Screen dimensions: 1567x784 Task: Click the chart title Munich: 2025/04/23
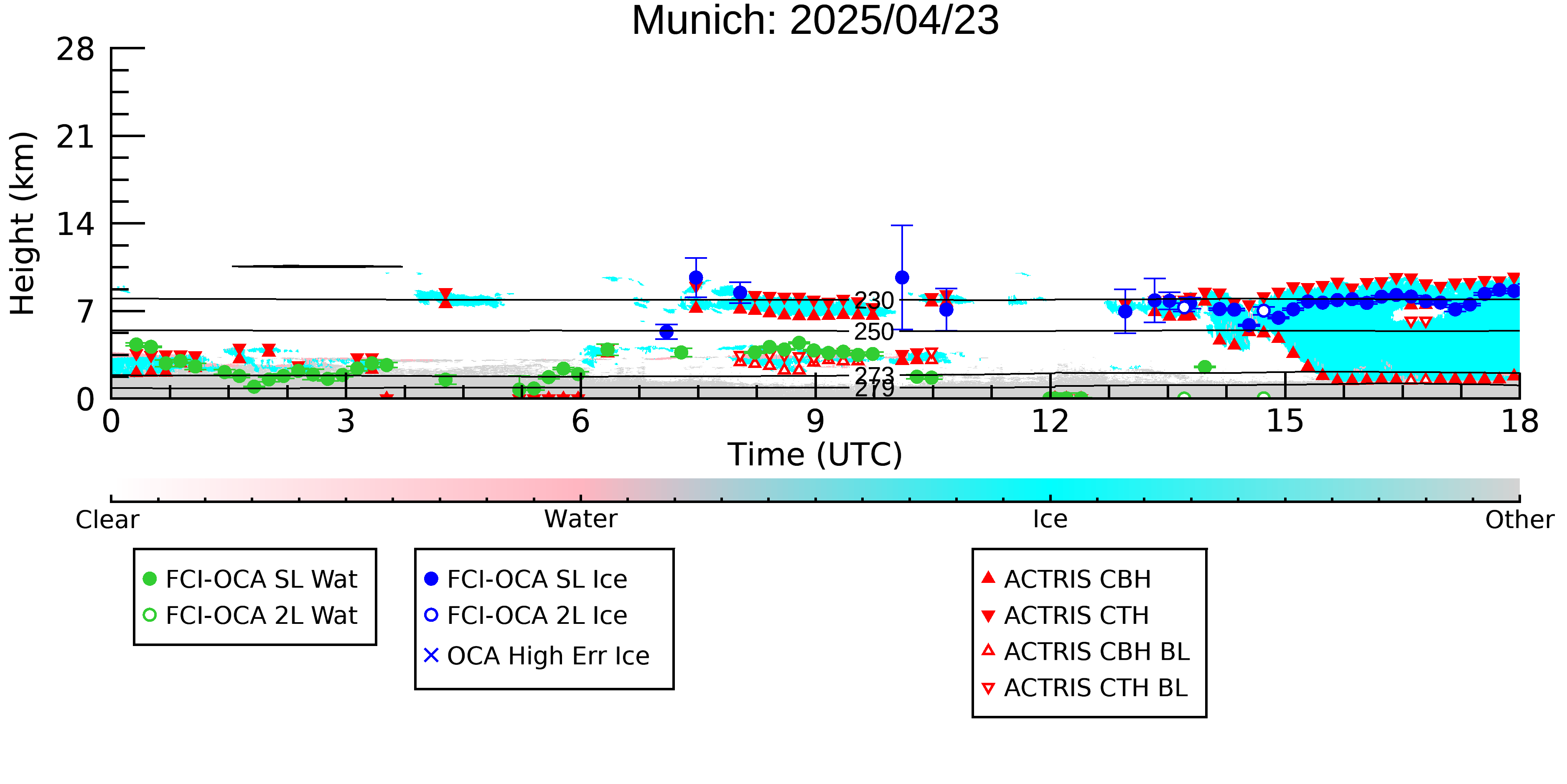pyautogui.click(x=815, y=20)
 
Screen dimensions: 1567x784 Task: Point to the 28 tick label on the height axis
pyautogui.click(x=76, y=49)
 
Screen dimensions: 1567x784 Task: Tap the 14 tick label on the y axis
pyautogui.click(x=76, y=224)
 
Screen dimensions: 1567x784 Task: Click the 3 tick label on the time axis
pyautogui.click(x=346, y=421)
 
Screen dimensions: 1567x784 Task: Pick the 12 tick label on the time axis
pyautogui.click(x=1050, y=421)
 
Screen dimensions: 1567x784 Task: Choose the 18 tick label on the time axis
pyautogui.click(x=1519, y=421)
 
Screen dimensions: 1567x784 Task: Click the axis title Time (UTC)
pyautogui.click(x=815, y=455)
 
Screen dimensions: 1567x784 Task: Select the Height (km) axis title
pyautogui.click(x=23, y=223)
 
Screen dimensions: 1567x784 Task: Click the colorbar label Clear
pyautogui.click(x=107, y=520)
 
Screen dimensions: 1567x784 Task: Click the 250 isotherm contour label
pyautogui.click(x=874, y=332)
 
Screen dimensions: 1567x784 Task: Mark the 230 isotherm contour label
pyautogui.click(x=874, y=300)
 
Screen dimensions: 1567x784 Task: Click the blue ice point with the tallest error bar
pyautogui.click(x=902, y=278)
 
